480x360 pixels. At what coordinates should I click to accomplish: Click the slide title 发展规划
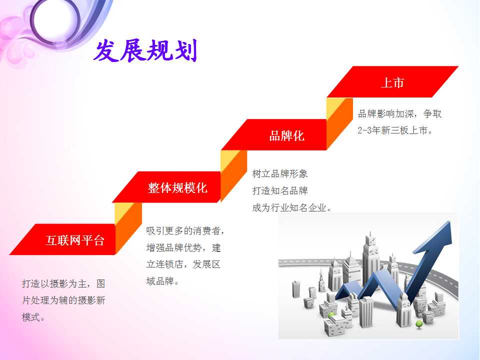[x=145, y=50]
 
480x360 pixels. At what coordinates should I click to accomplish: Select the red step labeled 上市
[x=392, y=81]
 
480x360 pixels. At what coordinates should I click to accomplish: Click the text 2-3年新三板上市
[x=395, y=130]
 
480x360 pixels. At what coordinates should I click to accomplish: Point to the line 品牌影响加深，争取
[x=400, y=114]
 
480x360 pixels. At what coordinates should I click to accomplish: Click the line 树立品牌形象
[x=280, y=174]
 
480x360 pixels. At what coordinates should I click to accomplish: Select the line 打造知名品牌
[x=280, y=190]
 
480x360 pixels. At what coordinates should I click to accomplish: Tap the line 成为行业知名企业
[x=291, y=207]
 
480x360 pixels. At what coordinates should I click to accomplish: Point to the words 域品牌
[x=162, y=280]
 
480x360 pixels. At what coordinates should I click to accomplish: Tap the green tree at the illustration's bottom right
[x=419, y=324]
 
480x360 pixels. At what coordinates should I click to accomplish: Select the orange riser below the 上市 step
[x=339, y=122]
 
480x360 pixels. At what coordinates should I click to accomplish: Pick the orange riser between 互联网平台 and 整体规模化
[x=128, y=227]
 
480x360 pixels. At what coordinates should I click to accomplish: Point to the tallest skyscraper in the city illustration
[x=370, y=260]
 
